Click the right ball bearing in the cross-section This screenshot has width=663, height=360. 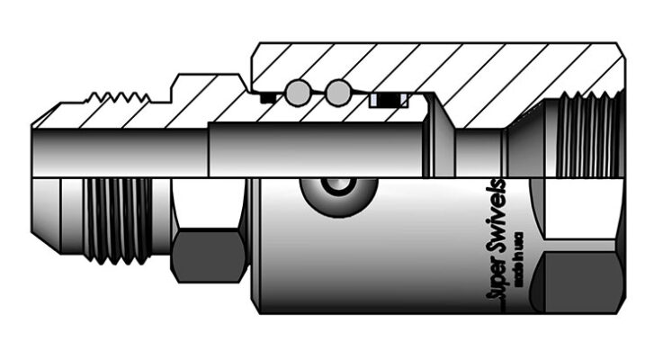point(337,91)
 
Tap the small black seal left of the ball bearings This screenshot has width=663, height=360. point(266,97)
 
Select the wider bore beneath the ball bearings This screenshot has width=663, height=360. point(315,148)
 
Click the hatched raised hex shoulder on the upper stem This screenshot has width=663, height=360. point(202,94)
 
